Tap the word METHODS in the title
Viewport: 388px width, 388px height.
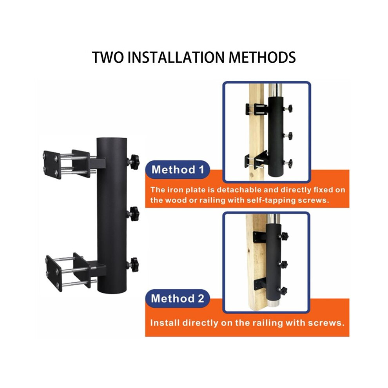(262, 57)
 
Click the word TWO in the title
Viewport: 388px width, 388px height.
(108, 57)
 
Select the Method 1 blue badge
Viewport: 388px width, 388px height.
(178, 170)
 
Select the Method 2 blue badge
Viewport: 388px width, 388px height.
(178, 298)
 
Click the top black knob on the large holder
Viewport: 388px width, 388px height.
(134, 162)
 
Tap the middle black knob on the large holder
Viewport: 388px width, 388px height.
(134, 214)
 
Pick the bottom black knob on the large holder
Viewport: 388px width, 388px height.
(134, 265)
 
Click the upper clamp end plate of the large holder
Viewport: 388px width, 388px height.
(52, 165)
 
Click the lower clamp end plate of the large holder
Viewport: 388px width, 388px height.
(54, 274)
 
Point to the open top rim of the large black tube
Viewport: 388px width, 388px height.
(112, 139)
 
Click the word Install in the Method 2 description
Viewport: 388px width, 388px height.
(165, 323)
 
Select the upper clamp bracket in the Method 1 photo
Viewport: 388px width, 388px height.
(256, 109)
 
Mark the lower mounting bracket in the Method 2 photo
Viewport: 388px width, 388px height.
(260, 284)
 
